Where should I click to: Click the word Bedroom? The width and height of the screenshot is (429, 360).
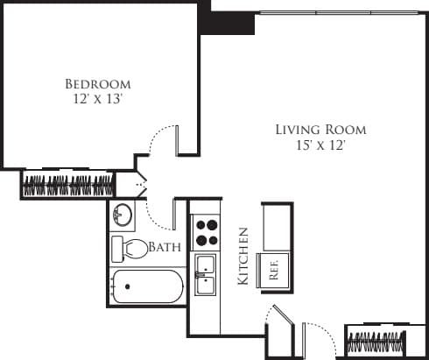pos(98,84)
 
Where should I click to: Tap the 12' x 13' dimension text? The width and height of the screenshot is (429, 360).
pos(98,100)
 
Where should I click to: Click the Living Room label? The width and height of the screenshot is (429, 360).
pos(320,130)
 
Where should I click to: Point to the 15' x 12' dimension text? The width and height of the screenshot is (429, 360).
pos(320,145)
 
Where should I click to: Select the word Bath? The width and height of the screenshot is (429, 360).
pos(165,248)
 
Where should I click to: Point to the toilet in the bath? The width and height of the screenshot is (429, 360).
pos(130,248)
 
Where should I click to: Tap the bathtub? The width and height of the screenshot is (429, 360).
pos(146,286)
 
